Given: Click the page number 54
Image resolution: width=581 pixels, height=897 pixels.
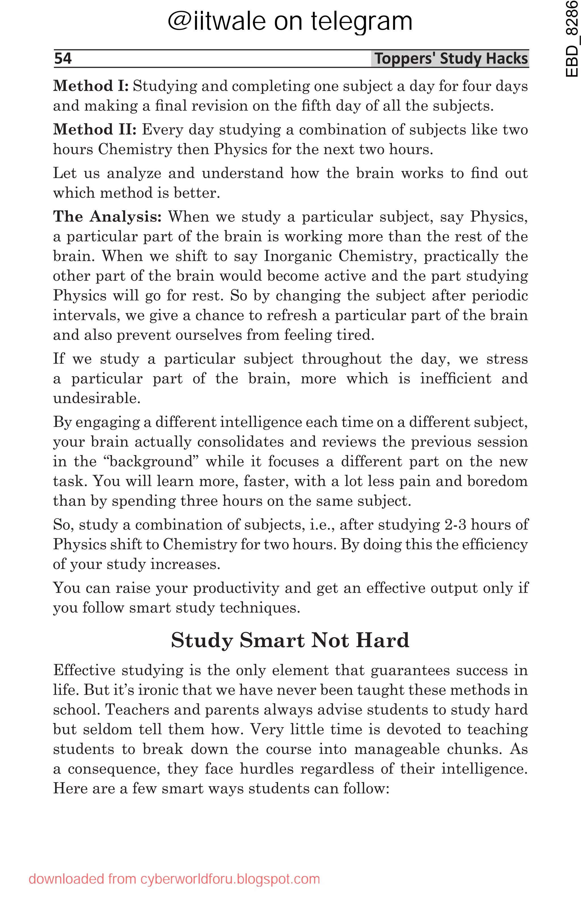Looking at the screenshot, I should [x=63, y=58].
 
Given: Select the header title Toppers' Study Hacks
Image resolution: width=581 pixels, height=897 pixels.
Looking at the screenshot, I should [x=451, y=58].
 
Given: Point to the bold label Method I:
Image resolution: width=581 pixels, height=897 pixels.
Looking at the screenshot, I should [x=90, y=86].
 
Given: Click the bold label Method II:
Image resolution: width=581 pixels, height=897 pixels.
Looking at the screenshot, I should [x=94, y=130].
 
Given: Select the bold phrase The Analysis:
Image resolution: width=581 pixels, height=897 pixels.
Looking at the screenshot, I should [x=107, y=217].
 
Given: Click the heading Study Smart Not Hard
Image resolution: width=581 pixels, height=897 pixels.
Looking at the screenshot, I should [x=290, y=640].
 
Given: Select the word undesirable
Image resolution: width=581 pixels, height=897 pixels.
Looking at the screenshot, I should [x=96, y=398].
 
